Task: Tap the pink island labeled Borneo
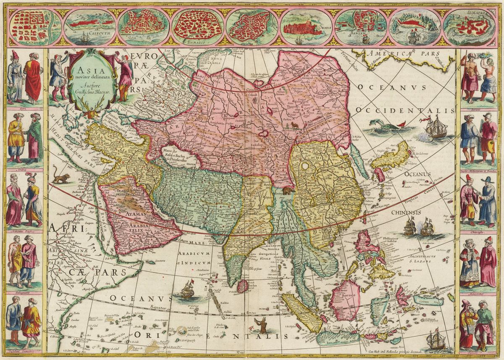click(x=345, y=299)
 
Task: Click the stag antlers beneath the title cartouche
click(x=87, y=113)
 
